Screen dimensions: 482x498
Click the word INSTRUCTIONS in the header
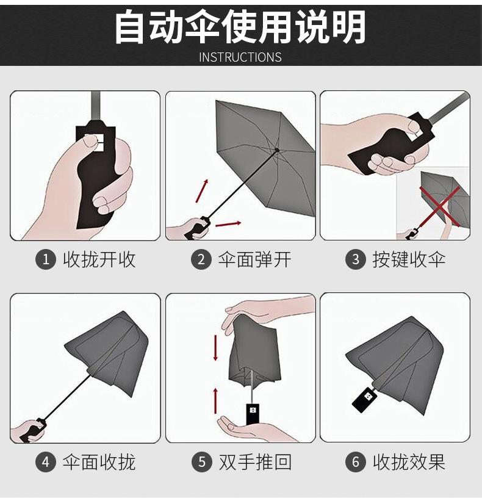(240, 57)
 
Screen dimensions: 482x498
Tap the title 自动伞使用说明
(240, 27)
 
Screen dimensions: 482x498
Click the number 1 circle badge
(46, 259)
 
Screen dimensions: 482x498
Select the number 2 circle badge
(201, 259)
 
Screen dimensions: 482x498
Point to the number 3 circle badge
(356, 259)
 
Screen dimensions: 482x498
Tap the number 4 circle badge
(46, 462)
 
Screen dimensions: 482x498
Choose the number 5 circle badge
(202, 462)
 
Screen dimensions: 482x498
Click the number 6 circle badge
(356, 462)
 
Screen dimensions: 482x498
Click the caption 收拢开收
(99, 259)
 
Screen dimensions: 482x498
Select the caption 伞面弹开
(254, 259)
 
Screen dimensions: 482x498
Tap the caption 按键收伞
(409, 259)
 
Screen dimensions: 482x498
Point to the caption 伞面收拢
(99, 462)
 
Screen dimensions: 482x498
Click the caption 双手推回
(255, 462)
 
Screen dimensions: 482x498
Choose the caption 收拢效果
(409, 462)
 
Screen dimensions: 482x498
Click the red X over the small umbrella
(440, 206)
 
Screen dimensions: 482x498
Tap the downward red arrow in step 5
(215, 348)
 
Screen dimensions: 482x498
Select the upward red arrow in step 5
(215, 400)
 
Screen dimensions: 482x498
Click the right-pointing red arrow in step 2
(228, 223)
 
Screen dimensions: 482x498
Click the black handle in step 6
(365, 400)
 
